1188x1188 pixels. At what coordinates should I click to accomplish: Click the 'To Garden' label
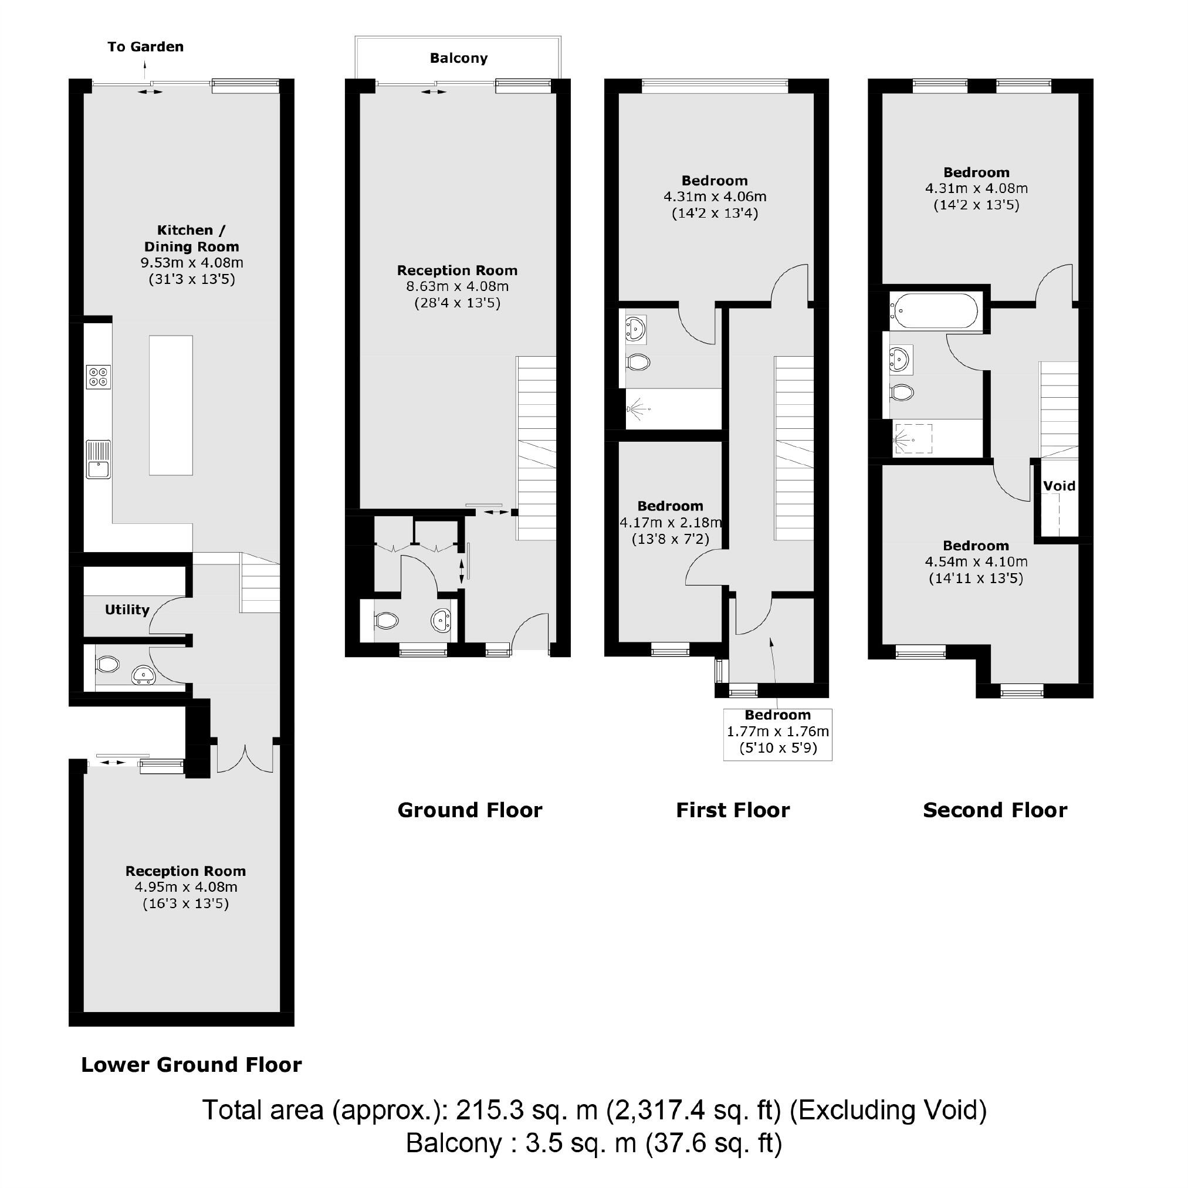pos(145,47)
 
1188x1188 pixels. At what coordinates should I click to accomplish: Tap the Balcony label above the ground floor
pos(458,59)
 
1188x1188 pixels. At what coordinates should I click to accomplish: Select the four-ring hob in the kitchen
pos(99,376)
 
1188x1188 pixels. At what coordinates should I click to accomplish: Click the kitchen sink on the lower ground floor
pos(99,459)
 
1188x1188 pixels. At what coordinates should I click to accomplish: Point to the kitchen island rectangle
pos(171,405)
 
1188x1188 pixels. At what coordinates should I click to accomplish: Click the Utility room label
pos(127,610)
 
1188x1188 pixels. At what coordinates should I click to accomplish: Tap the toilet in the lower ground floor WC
pos(107,664)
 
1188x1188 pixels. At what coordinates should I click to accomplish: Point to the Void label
pos(1059,486)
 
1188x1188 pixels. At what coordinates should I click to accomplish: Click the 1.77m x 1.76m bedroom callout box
pos(777,734)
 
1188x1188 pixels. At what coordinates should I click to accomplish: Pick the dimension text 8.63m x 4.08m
pos(457,286)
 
